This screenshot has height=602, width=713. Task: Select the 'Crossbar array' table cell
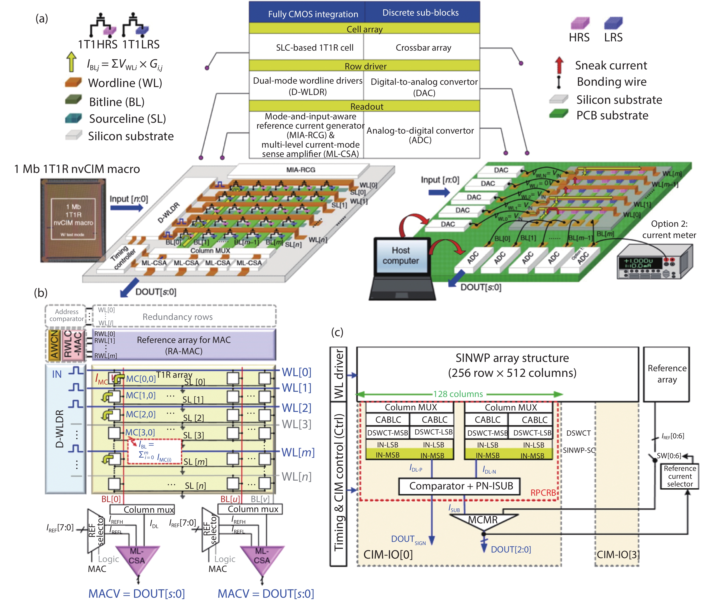423,48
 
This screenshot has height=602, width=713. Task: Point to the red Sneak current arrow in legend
559,65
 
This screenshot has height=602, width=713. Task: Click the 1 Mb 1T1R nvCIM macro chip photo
73,220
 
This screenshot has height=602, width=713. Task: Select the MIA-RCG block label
301,170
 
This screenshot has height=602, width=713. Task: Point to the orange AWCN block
54,345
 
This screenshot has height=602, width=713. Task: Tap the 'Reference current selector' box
679,476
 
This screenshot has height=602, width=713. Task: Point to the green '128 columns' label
458,394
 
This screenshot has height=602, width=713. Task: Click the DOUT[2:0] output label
510,550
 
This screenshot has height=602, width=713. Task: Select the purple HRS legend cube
579,23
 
